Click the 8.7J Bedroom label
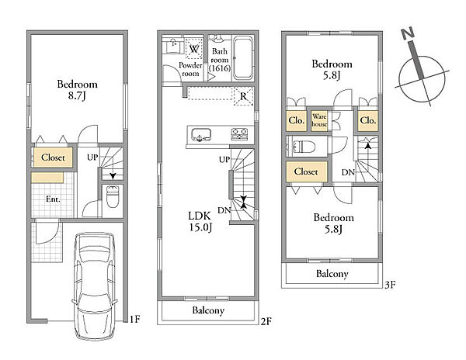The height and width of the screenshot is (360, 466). point(77,90)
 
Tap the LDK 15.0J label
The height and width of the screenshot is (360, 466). point(200,221)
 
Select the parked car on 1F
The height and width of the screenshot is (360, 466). point(95,286)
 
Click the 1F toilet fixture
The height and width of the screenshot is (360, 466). point(113,196)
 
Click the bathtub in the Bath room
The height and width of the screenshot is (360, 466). point(243,58)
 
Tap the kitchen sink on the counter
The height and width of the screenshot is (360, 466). point(201,135)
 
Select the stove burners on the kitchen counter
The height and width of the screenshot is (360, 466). point(239,134)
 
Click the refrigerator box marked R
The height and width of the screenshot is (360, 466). point(244,96)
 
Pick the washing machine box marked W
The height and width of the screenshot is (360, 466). point(193,49)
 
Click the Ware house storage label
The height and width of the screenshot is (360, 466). point(319,120)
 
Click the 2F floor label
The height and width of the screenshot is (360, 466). point(266,321)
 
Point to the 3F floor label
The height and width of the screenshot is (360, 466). point(390,285)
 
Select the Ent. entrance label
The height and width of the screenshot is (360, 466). point(53,199)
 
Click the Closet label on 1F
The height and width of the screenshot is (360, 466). point(53,157)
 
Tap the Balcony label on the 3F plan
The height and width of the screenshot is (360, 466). point(332,274)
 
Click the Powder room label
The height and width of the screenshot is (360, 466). point(190,69)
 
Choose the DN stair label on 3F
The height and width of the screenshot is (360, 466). point(348,172)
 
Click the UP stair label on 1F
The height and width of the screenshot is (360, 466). point(92,157)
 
